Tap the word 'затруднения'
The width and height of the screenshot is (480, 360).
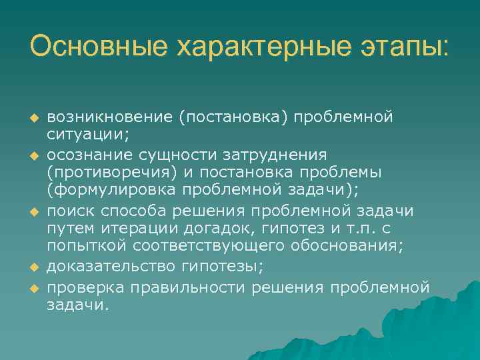pos(281,155)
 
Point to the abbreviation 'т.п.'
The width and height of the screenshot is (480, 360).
pos(343,229)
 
